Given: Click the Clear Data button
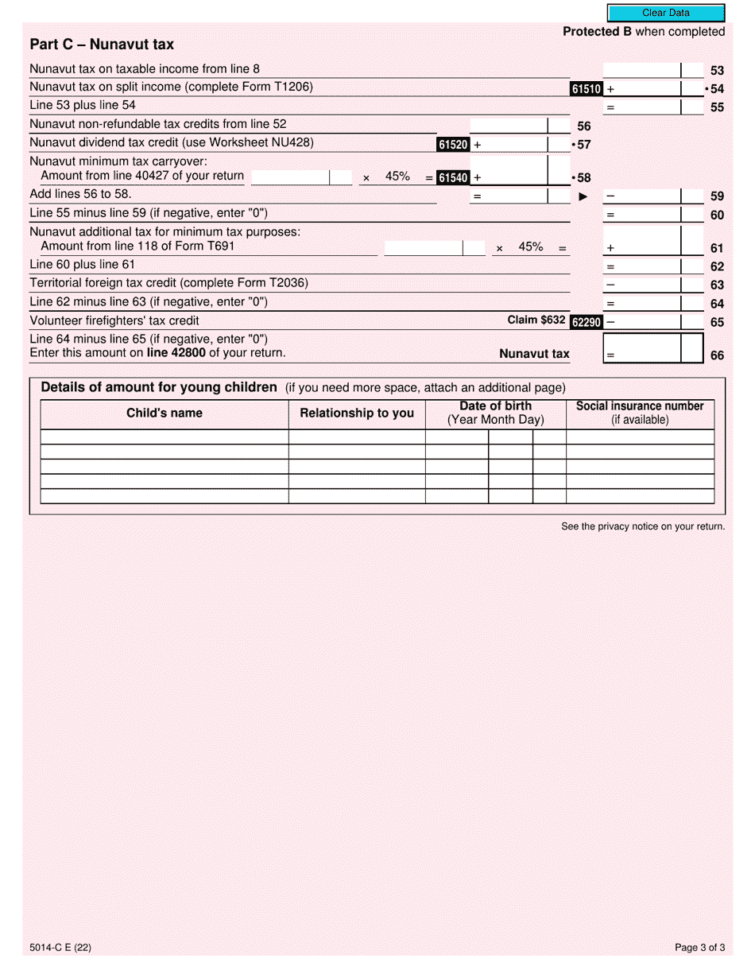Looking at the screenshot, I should click(666, 13).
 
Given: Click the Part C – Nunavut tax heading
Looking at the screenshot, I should click(102, 45).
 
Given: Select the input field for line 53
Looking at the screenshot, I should click(641, 70).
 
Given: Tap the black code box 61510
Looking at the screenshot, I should click(586, 89).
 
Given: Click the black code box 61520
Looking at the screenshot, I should click(453, 145).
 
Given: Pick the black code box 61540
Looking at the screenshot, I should click(453, 178).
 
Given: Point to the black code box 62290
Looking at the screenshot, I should click(586, 322).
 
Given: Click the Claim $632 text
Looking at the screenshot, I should click(536, 320).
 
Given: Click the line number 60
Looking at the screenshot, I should click(717, 215).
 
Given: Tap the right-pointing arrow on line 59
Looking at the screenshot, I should click(583, 196).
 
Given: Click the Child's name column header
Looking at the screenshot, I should click(165, 413).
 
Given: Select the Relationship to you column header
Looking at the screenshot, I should click(357, 413).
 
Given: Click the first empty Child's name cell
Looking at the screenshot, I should click(165, 437).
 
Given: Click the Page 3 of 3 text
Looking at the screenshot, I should click(699, 948).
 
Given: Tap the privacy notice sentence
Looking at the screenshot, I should click(643, 526).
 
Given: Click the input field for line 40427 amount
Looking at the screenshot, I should click(290, 177).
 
